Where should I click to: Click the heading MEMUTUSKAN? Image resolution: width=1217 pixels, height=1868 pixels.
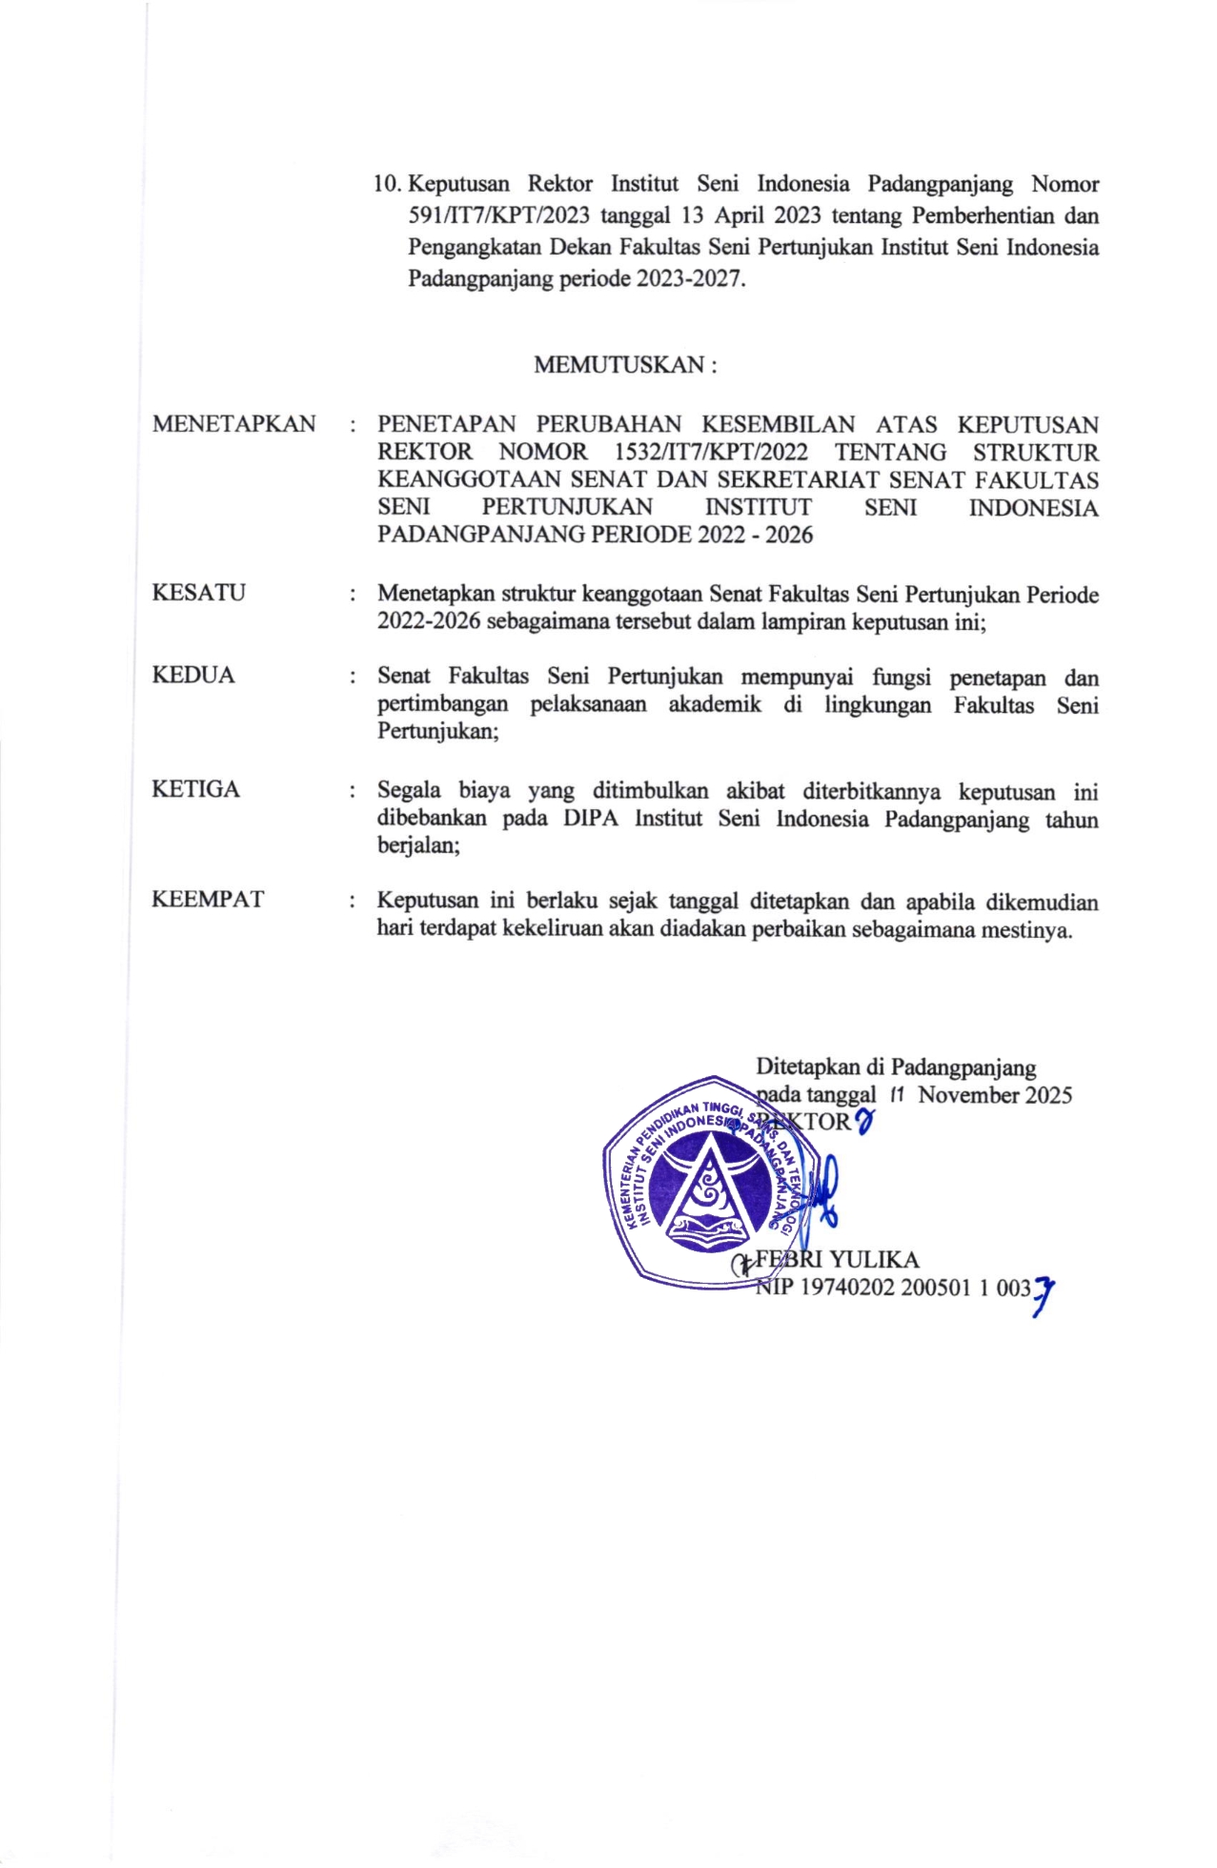(x=623, y=365)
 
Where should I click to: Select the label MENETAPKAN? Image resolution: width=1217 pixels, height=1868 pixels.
(x=233, y=424)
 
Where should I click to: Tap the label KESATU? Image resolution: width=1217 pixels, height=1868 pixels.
(x=198, y=593)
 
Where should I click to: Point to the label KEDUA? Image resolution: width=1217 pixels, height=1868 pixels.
(x=193, y=676)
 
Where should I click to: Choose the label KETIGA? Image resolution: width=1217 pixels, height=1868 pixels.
(x=195, y=789)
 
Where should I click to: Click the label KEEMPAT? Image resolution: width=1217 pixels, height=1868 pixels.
(x=207, y=900)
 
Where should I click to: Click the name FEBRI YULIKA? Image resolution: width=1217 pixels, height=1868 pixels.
(x=837, y=1260)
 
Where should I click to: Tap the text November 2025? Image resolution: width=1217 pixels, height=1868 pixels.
(x=995, y=1095)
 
